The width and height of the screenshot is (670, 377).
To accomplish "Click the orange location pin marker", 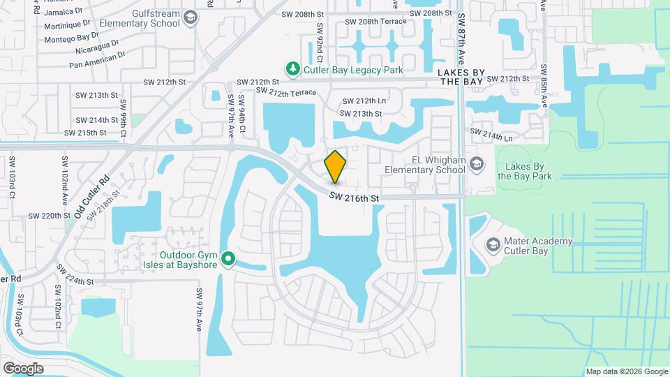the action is [x=336, y=166].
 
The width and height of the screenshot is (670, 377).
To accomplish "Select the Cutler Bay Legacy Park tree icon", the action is [x=293, y=69].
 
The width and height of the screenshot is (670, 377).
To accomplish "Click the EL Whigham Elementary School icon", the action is [x=477, y=164].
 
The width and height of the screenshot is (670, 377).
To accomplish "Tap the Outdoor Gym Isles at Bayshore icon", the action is [x=228, y=260].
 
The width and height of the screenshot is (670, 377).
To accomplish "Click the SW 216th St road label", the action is [x=355, y=198].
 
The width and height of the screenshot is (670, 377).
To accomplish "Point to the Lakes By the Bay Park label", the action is [x=524, y=171].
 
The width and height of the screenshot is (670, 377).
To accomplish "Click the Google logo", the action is [x=23, y=368].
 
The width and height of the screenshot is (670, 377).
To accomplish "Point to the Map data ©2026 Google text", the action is [x=626, y=371].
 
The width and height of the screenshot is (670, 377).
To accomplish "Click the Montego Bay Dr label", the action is [x=71, y=38].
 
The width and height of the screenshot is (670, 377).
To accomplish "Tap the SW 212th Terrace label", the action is [x=286, y=92].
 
